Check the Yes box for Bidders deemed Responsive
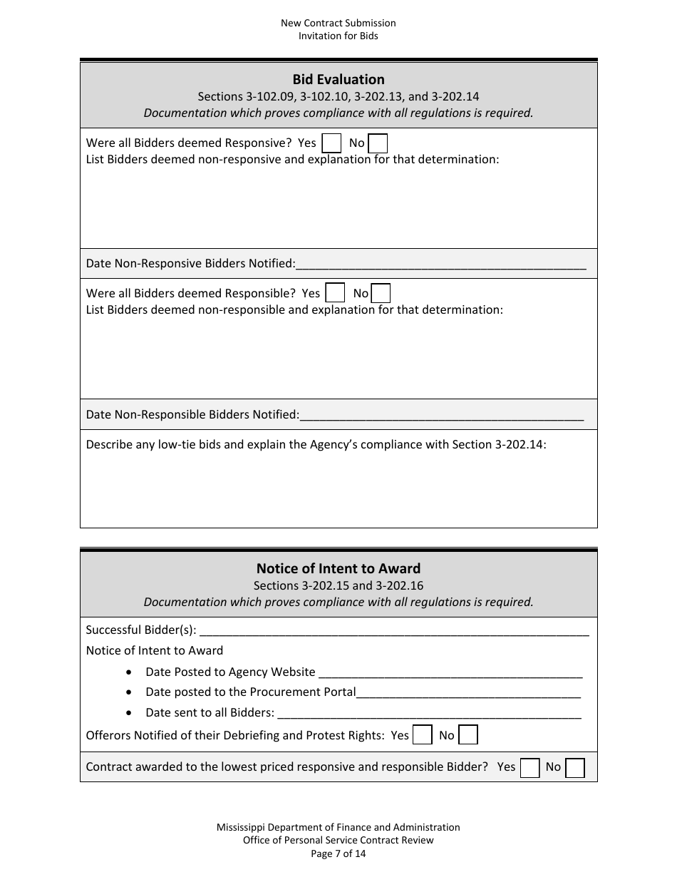pyautogui.click(x=331, y=143)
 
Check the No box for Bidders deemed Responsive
pyautogui.click(x=378, y=143)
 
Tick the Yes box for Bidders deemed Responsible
pyautogui.click(x=334, y=293)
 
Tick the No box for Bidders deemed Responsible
pyautogui.click(x=381, y=293)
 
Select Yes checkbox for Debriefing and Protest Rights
pyautogui.click(x=423, y=735)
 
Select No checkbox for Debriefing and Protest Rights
pyautogui.click(x=468, y=735)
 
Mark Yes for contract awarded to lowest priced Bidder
pyautogui.click(x=529, y=767)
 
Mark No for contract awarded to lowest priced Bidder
pyautogui.click(x=575, y=767)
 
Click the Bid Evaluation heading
pyautogui.click(x=338, y=79)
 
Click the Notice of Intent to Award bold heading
pyautogui.click(x=338, y=568)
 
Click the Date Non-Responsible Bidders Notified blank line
pyautogui.click(x=442, y=416)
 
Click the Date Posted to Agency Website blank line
pyautogui.click(x=450, y=673)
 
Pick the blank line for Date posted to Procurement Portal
pyautogui.click(x=468, y=693)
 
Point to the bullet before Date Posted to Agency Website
pyautogui.click(x=128, y=672)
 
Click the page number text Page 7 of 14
pyautogui.click(x=338, y=853)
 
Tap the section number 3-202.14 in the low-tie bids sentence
pyautogui.click(x=519, y=444)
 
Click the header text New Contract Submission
pyautogui.click(x=338, y=23)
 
